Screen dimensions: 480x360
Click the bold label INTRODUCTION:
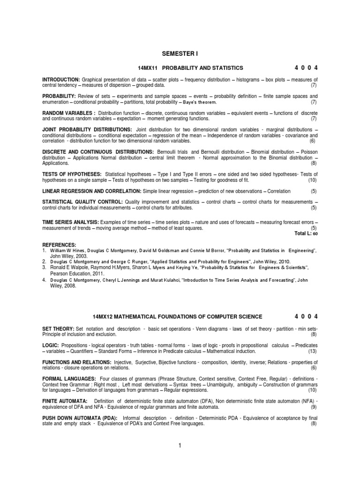(61, 80)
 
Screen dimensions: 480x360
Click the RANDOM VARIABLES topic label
(69, 113)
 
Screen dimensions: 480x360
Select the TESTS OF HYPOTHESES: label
(72, 174)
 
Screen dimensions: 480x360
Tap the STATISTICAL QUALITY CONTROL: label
(82, 202)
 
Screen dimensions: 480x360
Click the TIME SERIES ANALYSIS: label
(70, 222)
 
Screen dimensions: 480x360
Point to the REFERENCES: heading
(59, 245)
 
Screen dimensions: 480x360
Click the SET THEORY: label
(58, 329)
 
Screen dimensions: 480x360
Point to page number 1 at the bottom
(180, 446)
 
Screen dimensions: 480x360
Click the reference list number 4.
(44, 279)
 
